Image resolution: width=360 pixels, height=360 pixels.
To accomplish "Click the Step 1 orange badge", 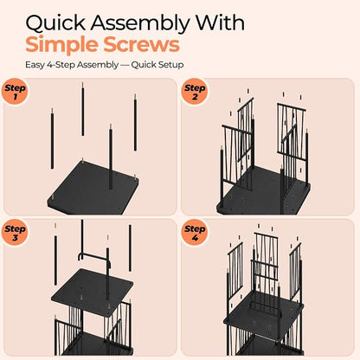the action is tap(15, 92).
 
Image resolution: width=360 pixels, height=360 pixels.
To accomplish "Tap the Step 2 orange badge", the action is tap(195, 92).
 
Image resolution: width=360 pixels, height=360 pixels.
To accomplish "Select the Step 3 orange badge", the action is tap(15, 232).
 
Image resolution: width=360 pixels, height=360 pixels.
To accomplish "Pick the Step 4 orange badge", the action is tap(195, 232).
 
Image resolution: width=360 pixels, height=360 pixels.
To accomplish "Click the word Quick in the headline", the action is tap(55, 22).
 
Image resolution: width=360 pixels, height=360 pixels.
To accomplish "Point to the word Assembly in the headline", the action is tap(140, 23).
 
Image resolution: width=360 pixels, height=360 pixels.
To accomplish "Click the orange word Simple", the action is tap(61, 45).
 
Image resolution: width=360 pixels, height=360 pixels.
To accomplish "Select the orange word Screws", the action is tap(142, 44).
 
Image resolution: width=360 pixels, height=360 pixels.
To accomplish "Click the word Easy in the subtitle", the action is tap(35, 65).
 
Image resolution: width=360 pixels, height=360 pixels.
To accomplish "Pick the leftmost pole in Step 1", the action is tap(52, 139).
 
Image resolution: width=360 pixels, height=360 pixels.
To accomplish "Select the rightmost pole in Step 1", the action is tap(135, 123).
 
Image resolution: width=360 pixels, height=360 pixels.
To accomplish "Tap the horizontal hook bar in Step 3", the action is tap(94, 256).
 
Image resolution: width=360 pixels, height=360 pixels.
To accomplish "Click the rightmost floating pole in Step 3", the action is tap(130, 248).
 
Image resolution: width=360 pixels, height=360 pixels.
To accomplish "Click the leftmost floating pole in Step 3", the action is tap(55, 260).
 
